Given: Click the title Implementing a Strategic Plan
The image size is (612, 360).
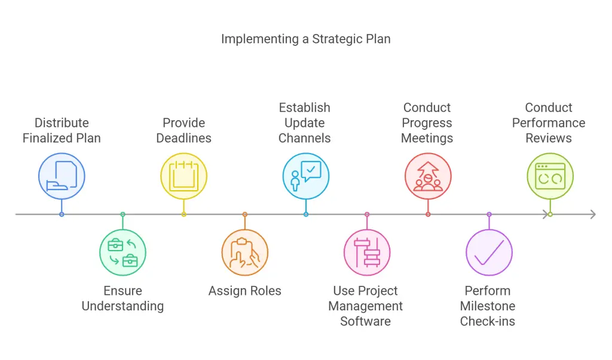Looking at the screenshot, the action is tap(305, 39).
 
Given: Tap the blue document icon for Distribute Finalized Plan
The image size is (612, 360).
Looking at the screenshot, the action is tap(62, 176).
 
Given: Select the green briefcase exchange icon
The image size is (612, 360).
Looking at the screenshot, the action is tap(123, 252).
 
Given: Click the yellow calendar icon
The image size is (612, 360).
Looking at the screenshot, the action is tap(184, 176).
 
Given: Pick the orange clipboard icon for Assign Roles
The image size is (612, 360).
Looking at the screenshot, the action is tap(244, 252).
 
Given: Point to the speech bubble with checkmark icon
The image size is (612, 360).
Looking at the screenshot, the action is tap(306, 176).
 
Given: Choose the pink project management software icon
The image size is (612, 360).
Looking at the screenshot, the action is tap(367, 252).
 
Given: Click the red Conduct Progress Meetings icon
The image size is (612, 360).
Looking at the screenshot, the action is tap(428, 176).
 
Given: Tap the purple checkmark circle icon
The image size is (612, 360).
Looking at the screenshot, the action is tap(489, 252).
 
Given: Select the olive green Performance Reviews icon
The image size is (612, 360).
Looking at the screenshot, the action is tap(550, 176).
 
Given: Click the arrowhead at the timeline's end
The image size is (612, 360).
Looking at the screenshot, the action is tap(593, 214).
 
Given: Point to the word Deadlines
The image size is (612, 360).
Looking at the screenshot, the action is tap(184, 138).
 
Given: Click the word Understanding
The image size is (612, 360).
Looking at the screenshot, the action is tap(123, 306).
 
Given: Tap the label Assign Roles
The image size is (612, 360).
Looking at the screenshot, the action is tap(244, 291).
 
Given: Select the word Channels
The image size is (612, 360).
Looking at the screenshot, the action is tap(304, 138).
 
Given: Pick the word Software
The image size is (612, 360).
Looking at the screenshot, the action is tap(365, 321).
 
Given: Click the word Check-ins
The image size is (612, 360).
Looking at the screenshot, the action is tap(488, 321).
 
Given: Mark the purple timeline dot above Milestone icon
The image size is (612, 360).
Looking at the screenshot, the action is tap(489, 214).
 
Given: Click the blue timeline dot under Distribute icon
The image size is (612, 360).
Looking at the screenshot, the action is tap(62, 214).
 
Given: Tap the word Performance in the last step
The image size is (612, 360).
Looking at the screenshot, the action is tap(549, 123).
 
